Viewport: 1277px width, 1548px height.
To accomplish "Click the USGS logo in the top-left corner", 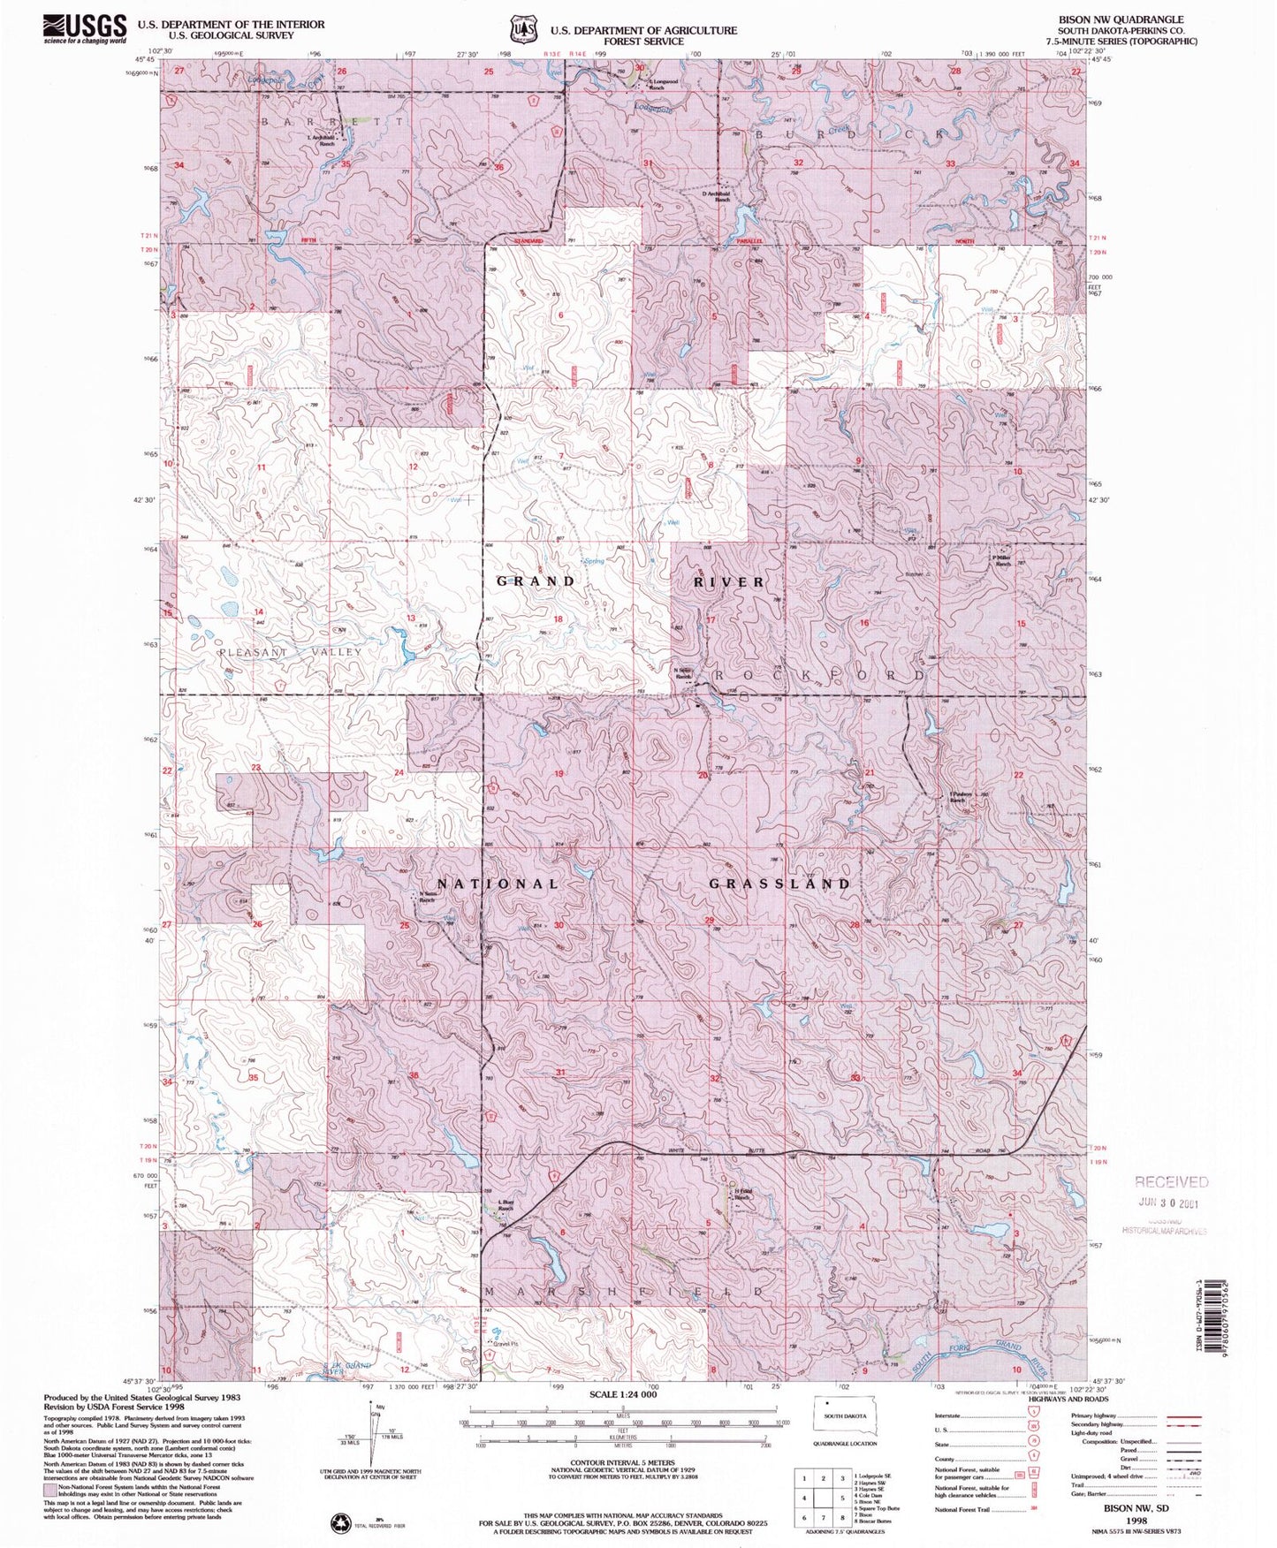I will click(x=85, y=28).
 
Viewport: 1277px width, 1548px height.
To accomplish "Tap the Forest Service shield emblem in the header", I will click(x=521, y=30).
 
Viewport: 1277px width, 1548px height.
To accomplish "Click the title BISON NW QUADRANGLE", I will click(x=1121, y=19).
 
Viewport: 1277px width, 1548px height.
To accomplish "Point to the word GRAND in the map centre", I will click(x=536, y=580).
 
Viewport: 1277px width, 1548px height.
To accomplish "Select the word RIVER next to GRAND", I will click(x=729, y=581).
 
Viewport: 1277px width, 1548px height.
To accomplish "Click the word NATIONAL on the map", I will click(x=498, y=884).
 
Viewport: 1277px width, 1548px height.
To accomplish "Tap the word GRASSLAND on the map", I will click(x=779, y=884).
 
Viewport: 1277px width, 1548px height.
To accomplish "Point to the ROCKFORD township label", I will click(x=818, y=674).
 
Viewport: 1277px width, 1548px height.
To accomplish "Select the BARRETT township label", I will click(x=331, y=119).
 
